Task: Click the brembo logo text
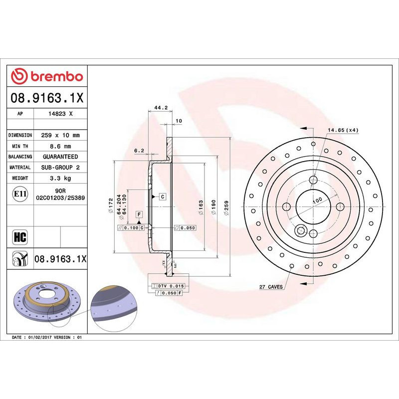[56, 76]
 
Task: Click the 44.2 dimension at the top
[160, 108]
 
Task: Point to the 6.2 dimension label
[139, 150]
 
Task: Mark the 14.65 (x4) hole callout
[343, 130]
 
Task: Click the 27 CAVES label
[271, 287]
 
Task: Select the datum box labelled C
[163, 197]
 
